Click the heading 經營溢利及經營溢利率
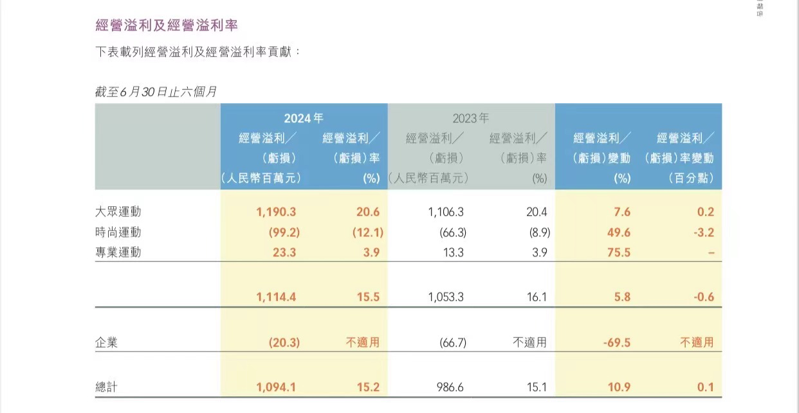[x=167, y=26]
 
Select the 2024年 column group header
[x=304, y=118]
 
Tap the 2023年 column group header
[x=471, y=118]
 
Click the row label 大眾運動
[x=118, y=212]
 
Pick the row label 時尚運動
[x=118, y=232]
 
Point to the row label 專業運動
[x=118, y=253]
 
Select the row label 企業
[x=106, y=343]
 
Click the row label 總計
[x=106, y=387]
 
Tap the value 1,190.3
[x=276, y=212]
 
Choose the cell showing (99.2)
[x=284, y=232]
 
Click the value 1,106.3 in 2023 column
[x=446, y=212]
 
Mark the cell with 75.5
[x=618, y=253]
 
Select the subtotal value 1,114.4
[x=276, y=298]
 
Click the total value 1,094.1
[x=276, y=387]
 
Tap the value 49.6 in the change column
[x=618, y=232]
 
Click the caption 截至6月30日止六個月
[x=156, y=92]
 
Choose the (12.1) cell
[x=367, y=232]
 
